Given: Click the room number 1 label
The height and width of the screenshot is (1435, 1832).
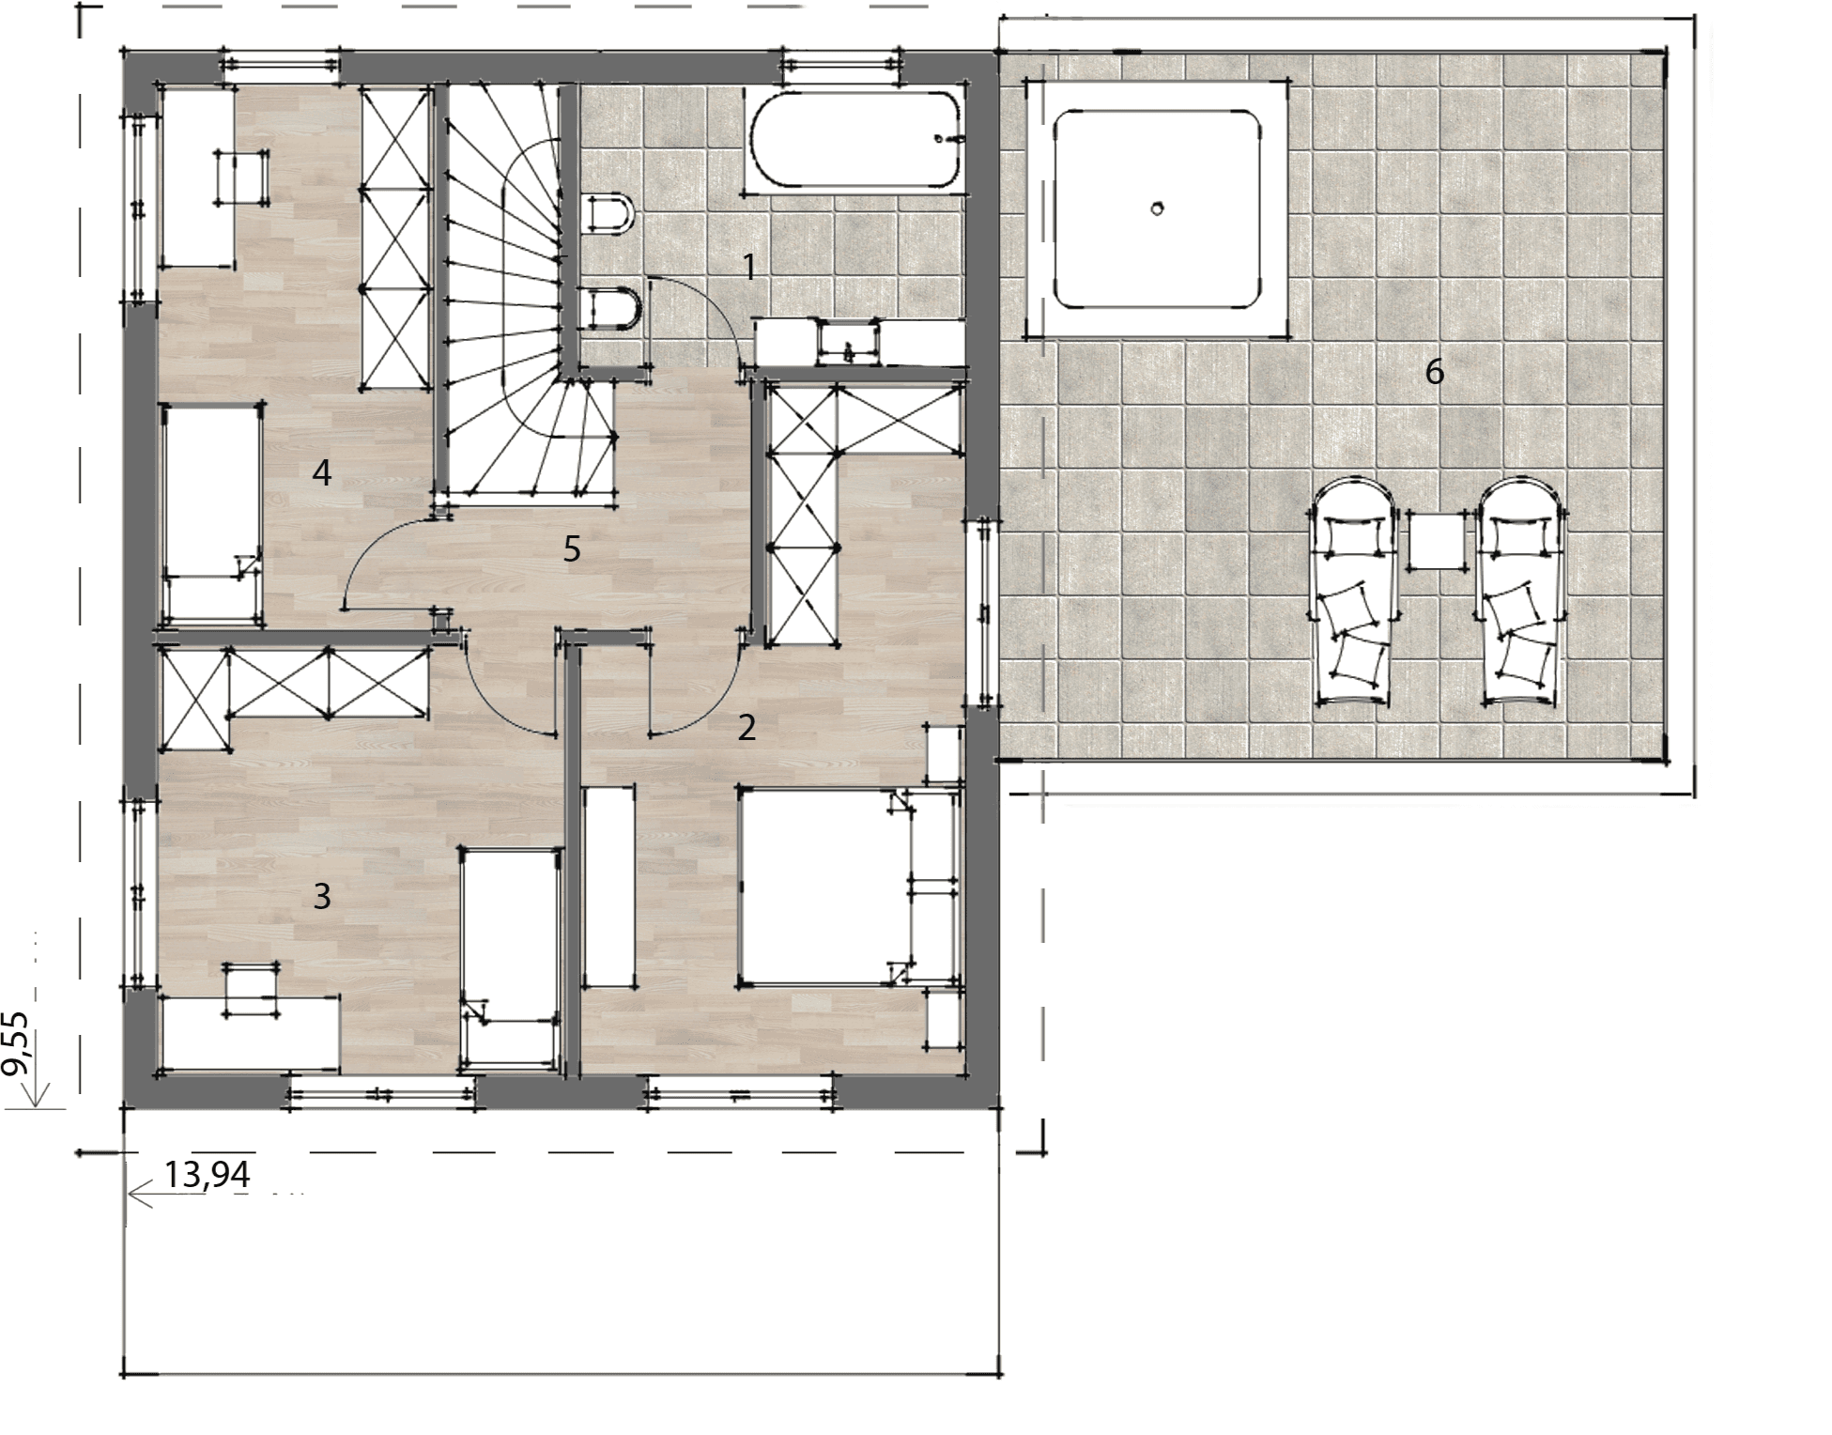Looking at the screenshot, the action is point(749,268).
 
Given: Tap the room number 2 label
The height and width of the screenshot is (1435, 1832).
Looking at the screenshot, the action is point(747,728).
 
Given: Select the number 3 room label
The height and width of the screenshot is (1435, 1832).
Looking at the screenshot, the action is point(322,897).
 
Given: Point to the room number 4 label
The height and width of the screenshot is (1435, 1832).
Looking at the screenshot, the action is point(322,473).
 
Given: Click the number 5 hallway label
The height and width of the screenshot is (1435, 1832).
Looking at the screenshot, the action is point(572,548).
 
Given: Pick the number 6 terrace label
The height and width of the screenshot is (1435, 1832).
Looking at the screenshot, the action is point(1434,373).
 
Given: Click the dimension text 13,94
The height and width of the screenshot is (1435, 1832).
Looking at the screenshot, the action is point(207,1175).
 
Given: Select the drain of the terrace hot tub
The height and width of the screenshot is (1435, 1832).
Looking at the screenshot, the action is point(1158,208).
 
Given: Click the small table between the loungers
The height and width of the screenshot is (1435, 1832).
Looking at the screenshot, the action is point(1437,540).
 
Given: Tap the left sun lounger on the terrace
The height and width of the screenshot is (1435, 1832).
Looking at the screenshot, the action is point(1352,592).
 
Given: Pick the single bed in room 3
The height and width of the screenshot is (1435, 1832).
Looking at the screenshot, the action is point(511,958).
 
